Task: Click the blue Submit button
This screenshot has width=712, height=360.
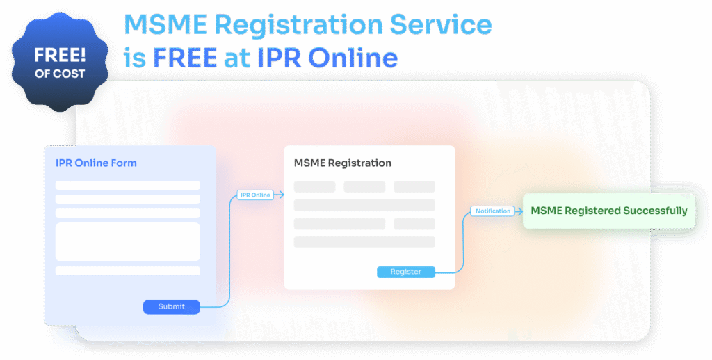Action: (x=172, y=307)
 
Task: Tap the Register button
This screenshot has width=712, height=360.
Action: (x=406, y=272)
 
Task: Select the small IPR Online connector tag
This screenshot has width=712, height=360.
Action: (x=255, y=195)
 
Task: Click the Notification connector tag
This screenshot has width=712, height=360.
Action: (x=493, y=211)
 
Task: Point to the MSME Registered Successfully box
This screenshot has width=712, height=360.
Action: (x=609, y=211)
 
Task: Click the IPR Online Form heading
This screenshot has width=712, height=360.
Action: (x=96, y=163)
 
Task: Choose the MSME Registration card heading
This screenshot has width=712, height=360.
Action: (x=342, y=163)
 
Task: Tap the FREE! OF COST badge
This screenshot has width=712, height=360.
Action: (x=60, y=62)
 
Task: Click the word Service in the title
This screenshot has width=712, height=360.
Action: (x=440, y=24)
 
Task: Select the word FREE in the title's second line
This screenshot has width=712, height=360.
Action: (x=185, y=58)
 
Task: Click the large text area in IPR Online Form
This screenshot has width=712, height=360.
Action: (x=128, y=242)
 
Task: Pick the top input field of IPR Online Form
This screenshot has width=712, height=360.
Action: (x=128, y=186)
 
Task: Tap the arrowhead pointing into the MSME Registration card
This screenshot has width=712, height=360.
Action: (x=281, y=195)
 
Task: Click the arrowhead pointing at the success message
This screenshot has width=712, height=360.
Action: (x=519, y=211)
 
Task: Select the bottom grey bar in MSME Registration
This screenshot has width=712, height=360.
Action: (x=364, y=242)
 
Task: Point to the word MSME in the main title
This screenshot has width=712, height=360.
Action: (x=165, y=24)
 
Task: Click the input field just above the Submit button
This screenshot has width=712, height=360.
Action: (x=128, y=270)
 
